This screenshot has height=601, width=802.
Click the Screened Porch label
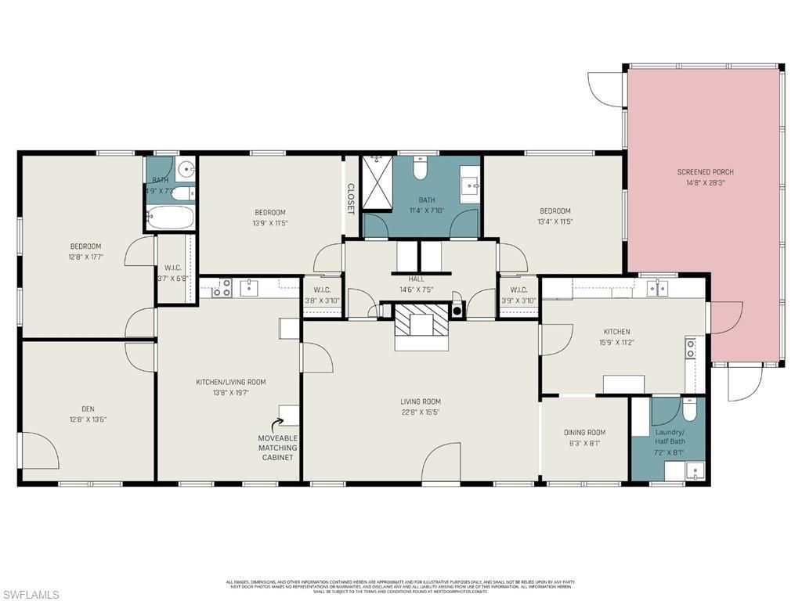[x=705, y=171]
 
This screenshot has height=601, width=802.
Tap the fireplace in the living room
[x=421, y=322]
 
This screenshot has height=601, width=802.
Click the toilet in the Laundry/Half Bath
[x=688, y=409]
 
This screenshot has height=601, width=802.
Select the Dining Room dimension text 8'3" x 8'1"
[x=584, y=443]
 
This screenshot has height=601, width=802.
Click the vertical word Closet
[x=351, y=199]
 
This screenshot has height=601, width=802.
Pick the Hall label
[x=416, y=279]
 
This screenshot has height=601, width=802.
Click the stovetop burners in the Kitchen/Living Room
[x=222, y=287]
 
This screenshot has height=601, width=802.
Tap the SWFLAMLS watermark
[x=31, y=595]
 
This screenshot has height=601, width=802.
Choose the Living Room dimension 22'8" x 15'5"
[x=421, y=412]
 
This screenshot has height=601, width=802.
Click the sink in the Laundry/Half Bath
[x=695, y=470]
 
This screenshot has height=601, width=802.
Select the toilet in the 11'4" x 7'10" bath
[x=419, y=168]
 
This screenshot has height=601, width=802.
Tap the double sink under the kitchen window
[x=657, y=288]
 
